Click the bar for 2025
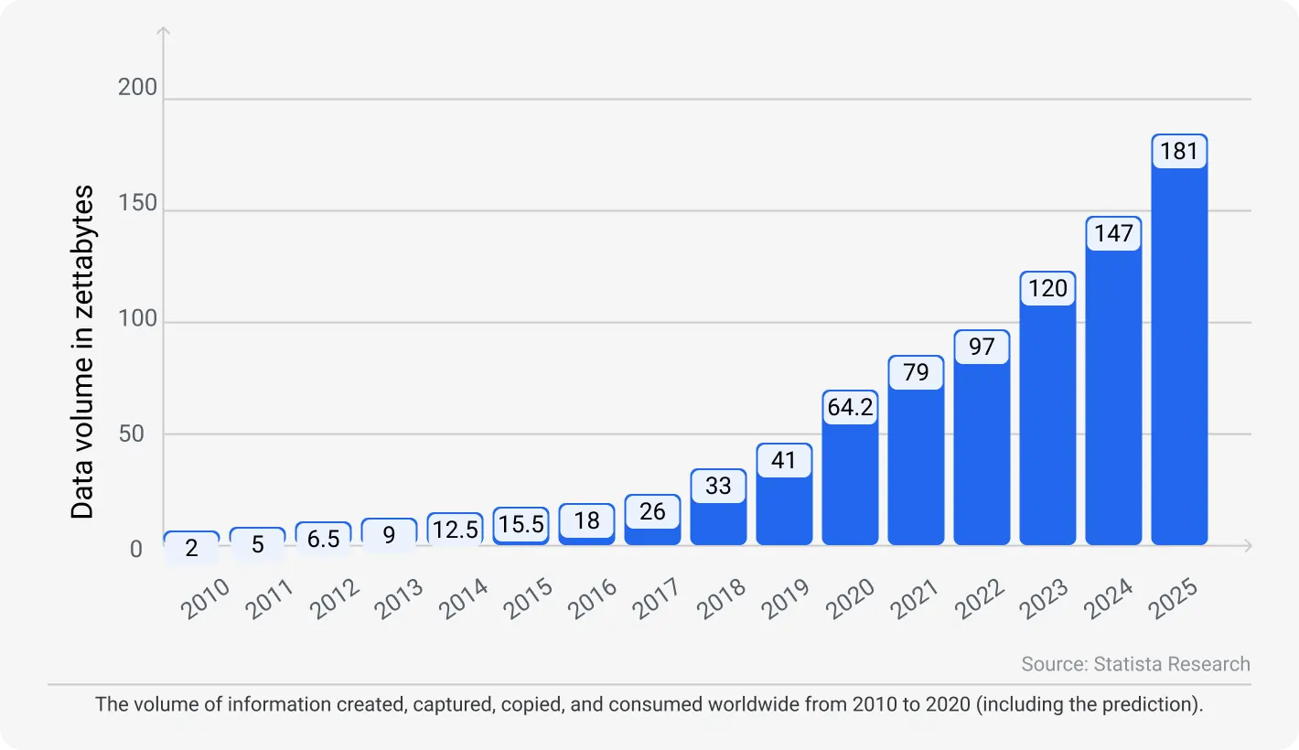coord(1179,357)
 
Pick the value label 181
coord(1179,151)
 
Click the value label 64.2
coord(850,407)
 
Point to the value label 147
coord(1113,233)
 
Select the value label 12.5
coord(455,530)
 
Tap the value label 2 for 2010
coord(191,548)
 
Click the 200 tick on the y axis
coord(138,89)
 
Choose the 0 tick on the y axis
coord(136,549)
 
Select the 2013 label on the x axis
coord(390,600)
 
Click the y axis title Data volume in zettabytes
coord(83,352)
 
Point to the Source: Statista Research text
coord(1135,664)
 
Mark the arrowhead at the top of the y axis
coord(165,32)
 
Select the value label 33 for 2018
coord(718,486)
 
